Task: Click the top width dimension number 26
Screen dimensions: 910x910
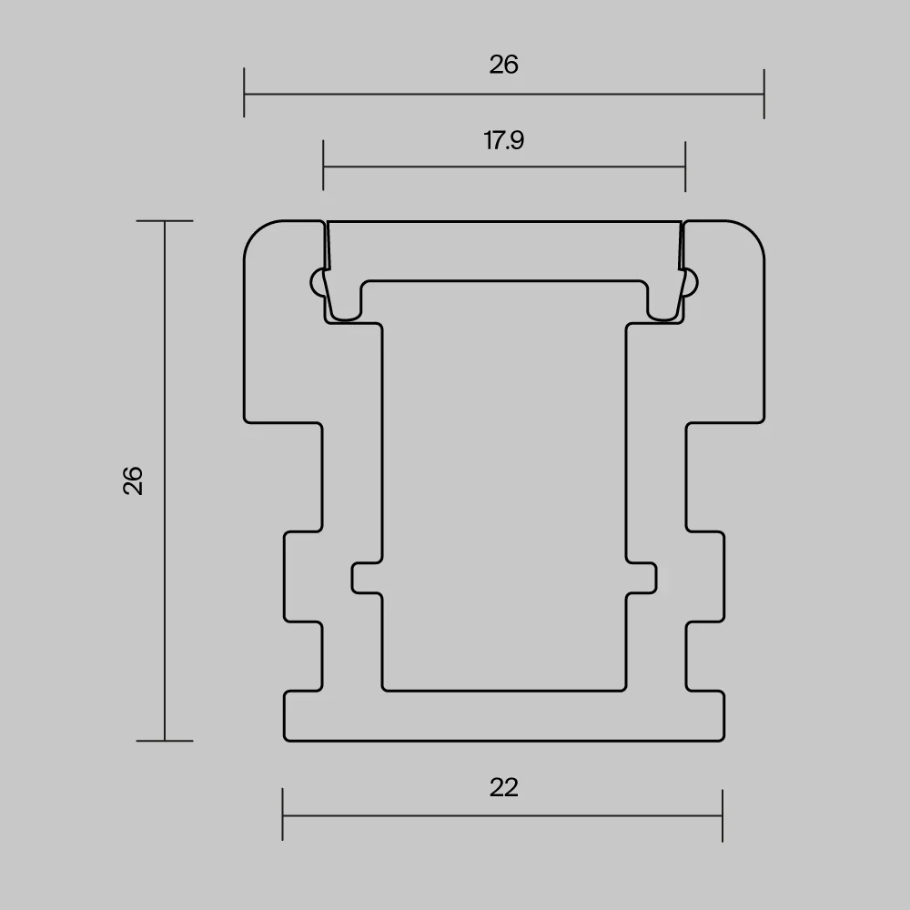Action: coord(503,65)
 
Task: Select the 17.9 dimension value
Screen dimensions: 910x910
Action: coord(504,140)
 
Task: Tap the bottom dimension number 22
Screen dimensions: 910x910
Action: coord(503,787)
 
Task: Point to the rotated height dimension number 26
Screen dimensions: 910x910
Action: coord(133,480)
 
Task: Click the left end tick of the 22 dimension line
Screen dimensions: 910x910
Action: coord(283,814)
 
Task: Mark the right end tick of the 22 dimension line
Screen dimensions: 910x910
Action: coord(723,814)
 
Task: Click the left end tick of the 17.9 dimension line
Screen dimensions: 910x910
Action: coord(323,166)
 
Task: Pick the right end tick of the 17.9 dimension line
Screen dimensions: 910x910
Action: coord(685,166)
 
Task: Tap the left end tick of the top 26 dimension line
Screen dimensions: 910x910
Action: coord(244,92)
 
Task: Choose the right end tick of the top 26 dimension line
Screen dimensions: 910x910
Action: coord(764,94)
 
